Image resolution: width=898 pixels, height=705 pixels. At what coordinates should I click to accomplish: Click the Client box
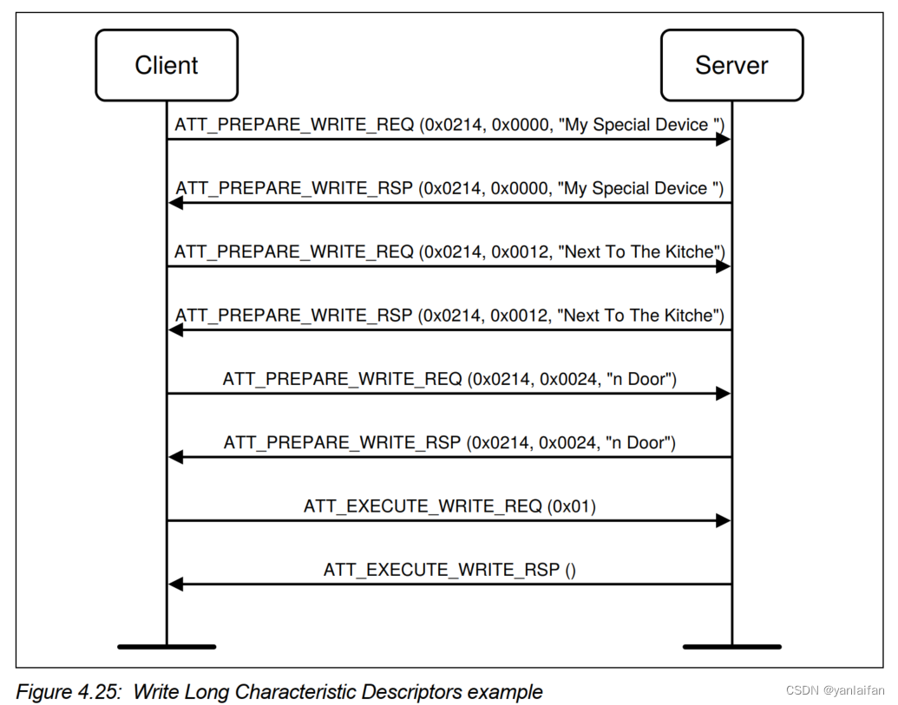(167, 65)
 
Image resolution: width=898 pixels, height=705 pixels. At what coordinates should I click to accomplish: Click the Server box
(731, 65)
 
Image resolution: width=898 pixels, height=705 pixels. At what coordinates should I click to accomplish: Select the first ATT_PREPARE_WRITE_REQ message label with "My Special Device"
(449, 125)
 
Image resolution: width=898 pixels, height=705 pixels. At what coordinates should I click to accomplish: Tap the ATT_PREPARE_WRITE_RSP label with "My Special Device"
(449, 188)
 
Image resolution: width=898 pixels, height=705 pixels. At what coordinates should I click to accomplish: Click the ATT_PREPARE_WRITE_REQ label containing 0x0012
(449, 251)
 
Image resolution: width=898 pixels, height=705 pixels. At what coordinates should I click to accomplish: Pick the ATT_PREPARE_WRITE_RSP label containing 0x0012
(449, 315)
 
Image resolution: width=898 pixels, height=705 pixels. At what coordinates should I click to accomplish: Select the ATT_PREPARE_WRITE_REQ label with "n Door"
(449, 379)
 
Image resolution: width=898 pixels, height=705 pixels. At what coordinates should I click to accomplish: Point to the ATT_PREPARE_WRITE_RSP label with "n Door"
(449, 442)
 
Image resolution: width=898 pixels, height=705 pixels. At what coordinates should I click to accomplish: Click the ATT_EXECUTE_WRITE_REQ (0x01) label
(449, 506)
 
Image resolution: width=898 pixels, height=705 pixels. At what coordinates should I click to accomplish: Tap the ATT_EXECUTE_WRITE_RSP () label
(449, 570)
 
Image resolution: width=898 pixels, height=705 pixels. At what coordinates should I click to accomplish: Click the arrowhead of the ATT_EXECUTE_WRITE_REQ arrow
(723, 520)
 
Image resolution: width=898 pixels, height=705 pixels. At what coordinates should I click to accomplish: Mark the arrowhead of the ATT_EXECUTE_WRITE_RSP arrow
(175, 584)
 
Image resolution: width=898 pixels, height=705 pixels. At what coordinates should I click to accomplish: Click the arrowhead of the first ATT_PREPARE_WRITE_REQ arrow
(723, 140)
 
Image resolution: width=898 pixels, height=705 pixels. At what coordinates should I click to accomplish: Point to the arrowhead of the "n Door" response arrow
(175, 457)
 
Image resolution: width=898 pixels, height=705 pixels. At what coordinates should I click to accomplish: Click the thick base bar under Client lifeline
(167, 646)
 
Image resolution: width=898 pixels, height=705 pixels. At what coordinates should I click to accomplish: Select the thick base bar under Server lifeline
(731, 646)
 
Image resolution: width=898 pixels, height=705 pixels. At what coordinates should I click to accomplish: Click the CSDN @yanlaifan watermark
(835, 691)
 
